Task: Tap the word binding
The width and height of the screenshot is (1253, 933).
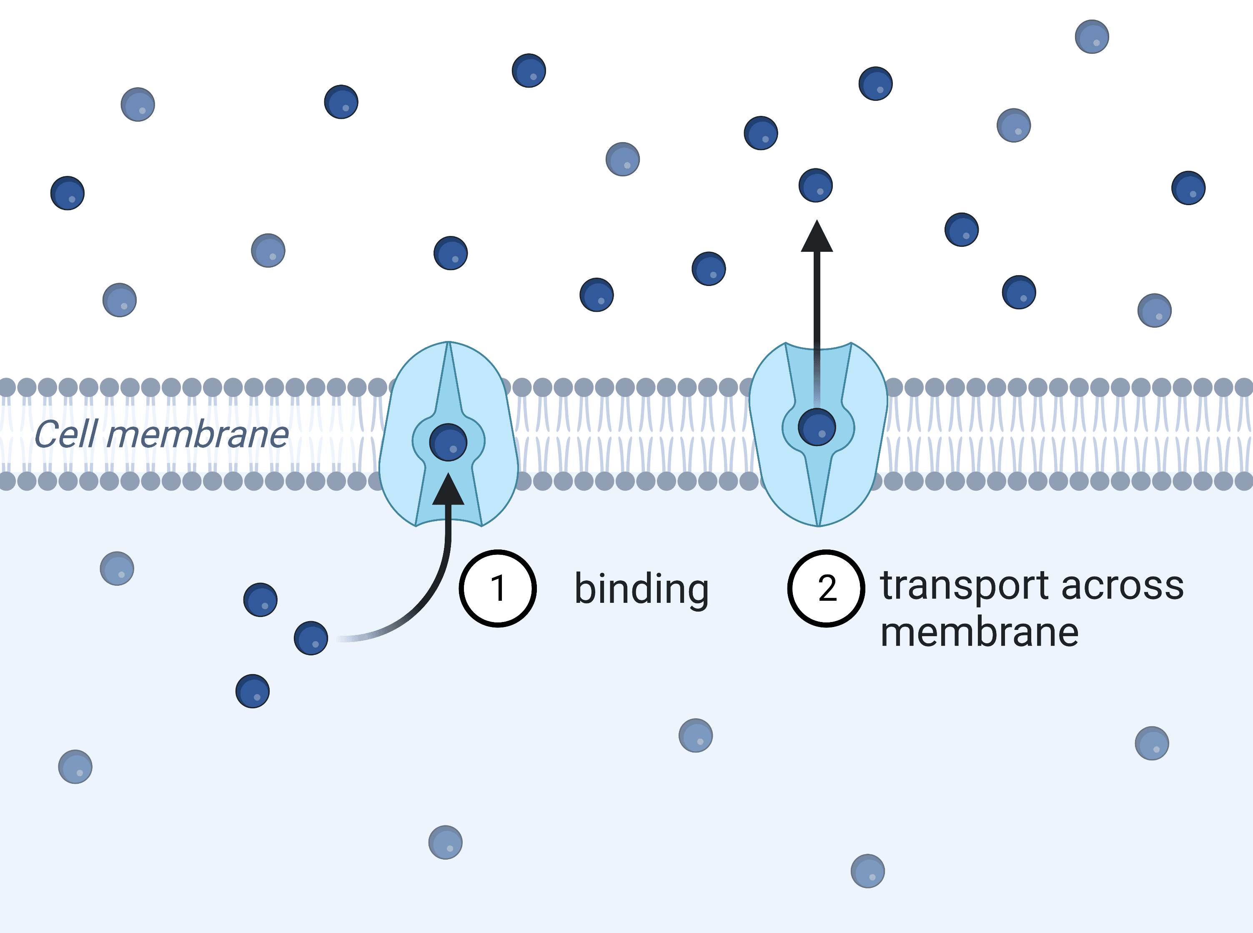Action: (642, 589)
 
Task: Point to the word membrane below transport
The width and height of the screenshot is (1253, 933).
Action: (979, 632)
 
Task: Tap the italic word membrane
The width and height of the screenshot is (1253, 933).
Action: (198, 435)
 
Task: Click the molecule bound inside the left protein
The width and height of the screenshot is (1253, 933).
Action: (449, 442)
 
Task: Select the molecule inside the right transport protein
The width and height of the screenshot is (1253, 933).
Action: (817, 427)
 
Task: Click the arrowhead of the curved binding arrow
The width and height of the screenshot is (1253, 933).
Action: (449, 489)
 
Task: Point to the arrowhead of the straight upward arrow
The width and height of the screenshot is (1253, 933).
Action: (817, 236)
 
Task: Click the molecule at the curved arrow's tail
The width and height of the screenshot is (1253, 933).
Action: (311, 638)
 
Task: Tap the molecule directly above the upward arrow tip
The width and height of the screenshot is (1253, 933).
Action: (816, 185)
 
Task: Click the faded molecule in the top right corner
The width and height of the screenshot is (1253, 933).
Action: (1092, 37)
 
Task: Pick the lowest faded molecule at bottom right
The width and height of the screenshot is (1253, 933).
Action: (868, 871)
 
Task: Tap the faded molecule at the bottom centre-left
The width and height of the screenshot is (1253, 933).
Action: (446, 843)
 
